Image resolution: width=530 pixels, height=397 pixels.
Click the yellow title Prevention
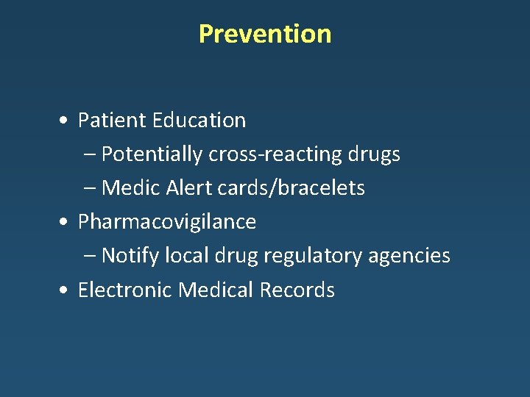click(x=265, y=34)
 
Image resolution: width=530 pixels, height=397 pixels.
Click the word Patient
click(x=104, y=120)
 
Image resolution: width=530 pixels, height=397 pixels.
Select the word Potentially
click(x=152, y=154)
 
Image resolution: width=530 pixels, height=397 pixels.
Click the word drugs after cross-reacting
click(x=375, y=154)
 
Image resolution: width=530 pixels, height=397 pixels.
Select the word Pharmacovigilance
click(x=167, y=222)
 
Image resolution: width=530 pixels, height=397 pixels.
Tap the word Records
click(x=297, y=290)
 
